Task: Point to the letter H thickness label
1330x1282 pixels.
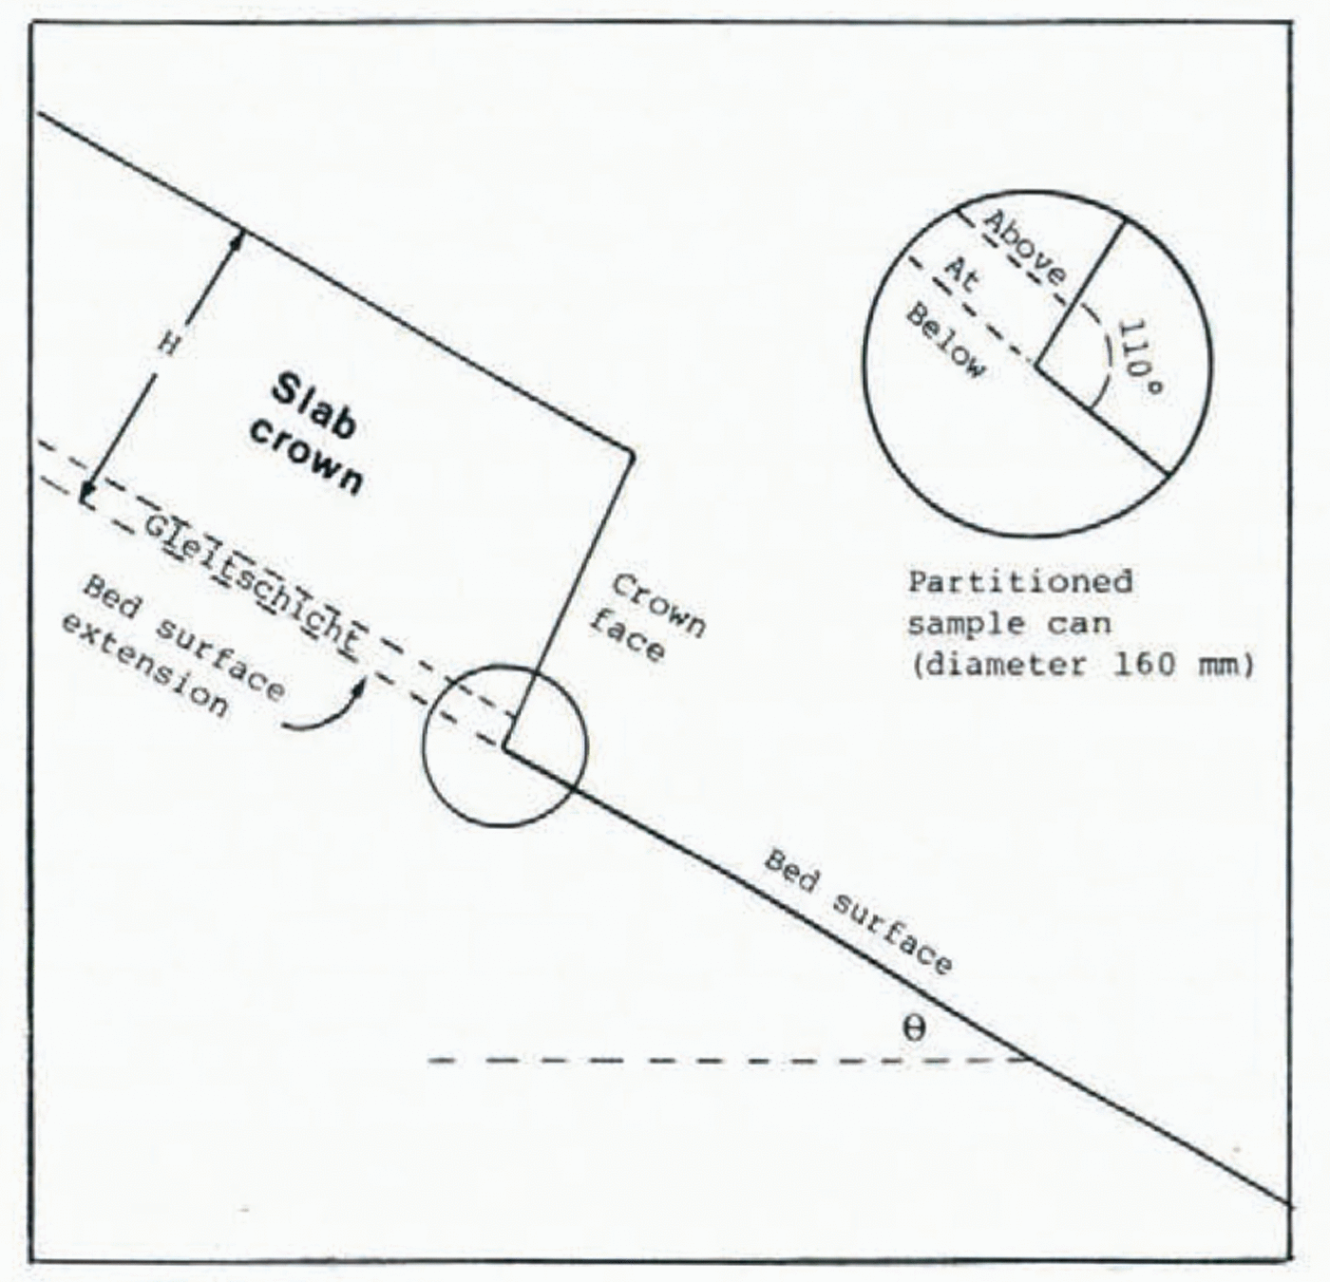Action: tap(168, 344)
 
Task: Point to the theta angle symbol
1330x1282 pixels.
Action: tap(913, 1027)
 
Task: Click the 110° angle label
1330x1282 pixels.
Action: tap(1139, 360)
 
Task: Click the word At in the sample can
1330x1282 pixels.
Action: tap(961, 274)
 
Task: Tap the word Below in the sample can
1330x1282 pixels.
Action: tap(945, 342)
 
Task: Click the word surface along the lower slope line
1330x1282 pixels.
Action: tap(892, 934)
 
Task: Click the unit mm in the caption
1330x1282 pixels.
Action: tap(1221, 663)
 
